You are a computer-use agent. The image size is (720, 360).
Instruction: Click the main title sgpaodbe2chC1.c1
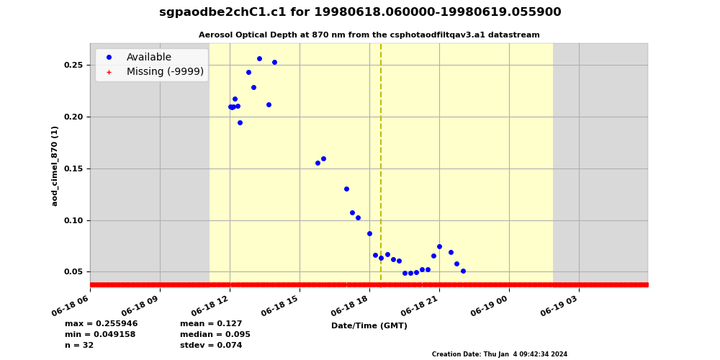pyautogui.click(x=360, y=12)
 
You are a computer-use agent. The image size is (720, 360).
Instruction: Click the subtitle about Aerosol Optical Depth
pyautogui.click(x=369, y=35)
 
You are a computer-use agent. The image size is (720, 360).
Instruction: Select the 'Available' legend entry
pyautogui.click(x=148, y=58)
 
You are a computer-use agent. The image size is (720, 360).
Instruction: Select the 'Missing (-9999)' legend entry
pyautogui.click(x=165, y=72)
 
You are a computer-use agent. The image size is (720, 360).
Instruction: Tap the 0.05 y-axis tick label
pyautogui.click(x=74, y=272)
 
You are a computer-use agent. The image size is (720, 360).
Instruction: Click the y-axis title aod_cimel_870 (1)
pyautogui.click(x=55, y=166)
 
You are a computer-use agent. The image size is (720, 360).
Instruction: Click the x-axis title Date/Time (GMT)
pyautogui.click(x=369, y=326)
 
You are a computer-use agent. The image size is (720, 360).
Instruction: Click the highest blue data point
pyautogui.click(x=259, y=59)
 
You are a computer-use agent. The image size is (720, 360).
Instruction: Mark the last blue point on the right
pyautogui.click(x=463, y=271)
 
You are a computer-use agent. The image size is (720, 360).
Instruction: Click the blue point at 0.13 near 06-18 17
pyautogui.click(x=346, y=189)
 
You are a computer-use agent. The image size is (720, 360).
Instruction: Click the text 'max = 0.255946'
pyautogui.click(x=101, y=324)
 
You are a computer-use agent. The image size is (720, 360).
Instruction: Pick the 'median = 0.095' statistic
pyautogui.click(x=215, y=335)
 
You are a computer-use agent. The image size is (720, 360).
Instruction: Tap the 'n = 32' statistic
pyautogui.click(x=79, y=346)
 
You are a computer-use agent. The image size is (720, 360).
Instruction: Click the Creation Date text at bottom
pyautogui.click(x=499, y=354)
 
